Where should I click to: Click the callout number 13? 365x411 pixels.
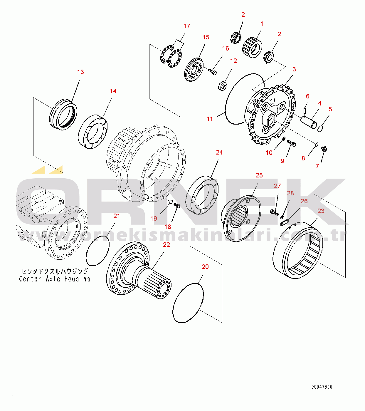(x=80, y=72)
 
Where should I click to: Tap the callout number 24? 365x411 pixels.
(x=219, y=152)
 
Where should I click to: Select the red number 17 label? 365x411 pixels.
(x=187, y=26)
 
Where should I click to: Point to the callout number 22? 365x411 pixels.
(x=166, y=245)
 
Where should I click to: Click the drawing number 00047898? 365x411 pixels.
(x=322, y=387)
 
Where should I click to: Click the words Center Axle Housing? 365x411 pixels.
(x=55, y=279)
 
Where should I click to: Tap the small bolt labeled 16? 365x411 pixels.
(x=213, y=71)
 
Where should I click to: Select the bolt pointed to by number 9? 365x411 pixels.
(x=292, y=143)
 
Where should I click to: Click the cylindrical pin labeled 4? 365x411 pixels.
(x=308, y=122)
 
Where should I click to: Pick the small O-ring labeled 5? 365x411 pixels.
(x=320, y=128)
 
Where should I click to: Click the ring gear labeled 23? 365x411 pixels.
(x=298, y=252)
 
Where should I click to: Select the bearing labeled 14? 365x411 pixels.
(x=92, y=132)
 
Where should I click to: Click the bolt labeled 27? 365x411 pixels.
(x=274, y=212)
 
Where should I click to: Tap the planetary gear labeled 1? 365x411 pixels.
(x=252, y=47)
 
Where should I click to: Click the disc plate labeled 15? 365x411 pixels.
(x=194, y=70)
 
